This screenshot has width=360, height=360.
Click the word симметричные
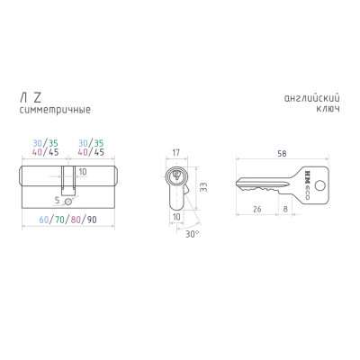click(x=55, y=110)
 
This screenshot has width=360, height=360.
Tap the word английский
click(x=312, y=98)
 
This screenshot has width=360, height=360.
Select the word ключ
click(x=328, y=109)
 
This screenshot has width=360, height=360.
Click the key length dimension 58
click(x=282, y=154)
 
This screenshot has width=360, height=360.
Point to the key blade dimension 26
click(x=257, y=209)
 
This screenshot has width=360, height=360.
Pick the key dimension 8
click(x=285, y=209)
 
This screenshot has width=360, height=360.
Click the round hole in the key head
click(x=321, y=185)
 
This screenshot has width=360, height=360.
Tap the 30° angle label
click(x=192, y=234)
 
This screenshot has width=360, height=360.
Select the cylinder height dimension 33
click(x=203, y=187)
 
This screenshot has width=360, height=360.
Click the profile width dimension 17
click(x=176, y=153)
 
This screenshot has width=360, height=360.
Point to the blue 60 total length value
click(x=44, y=220)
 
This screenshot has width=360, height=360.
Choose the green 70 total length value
click(x=59, y=220)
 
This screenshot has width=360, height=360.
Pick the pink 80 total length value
click(x=76, y=220)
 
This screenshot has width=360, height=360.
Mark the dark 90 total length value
click(x=92, y=220)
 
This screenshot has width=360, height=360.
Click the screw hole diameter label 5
click(x=58, y=201)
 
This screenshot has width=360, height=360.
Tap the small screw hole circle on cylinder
click(x=68, y=202)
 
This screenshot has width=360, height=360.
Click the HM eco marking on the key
click(x=307, y=185)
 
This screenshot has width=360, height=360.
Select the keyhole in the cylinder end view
click(x=176, y=175)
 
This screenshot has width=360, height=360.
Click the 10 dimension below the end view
click(x=176, y=217)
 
